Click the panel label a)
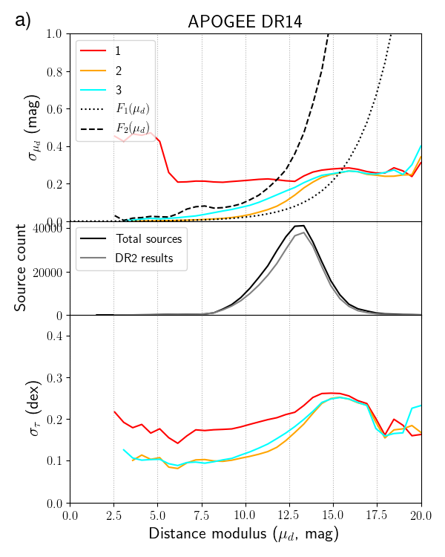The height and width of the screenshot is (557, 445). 23,20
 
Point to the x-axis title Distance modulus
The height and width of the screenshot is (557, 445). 245,534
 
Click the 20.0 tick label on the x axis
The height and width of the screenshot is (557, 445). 421,514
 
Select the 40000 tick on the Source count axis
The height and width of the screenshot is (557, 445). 47,229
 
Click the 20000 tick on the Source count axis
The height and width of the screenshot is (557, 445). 47,273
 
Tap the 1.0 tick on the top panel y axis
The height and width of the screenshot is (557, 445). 54,34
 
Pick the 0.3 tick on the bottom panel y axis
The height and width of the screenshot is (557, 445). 54,378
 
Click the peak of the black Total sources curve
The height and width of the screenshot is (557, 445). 301,225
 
